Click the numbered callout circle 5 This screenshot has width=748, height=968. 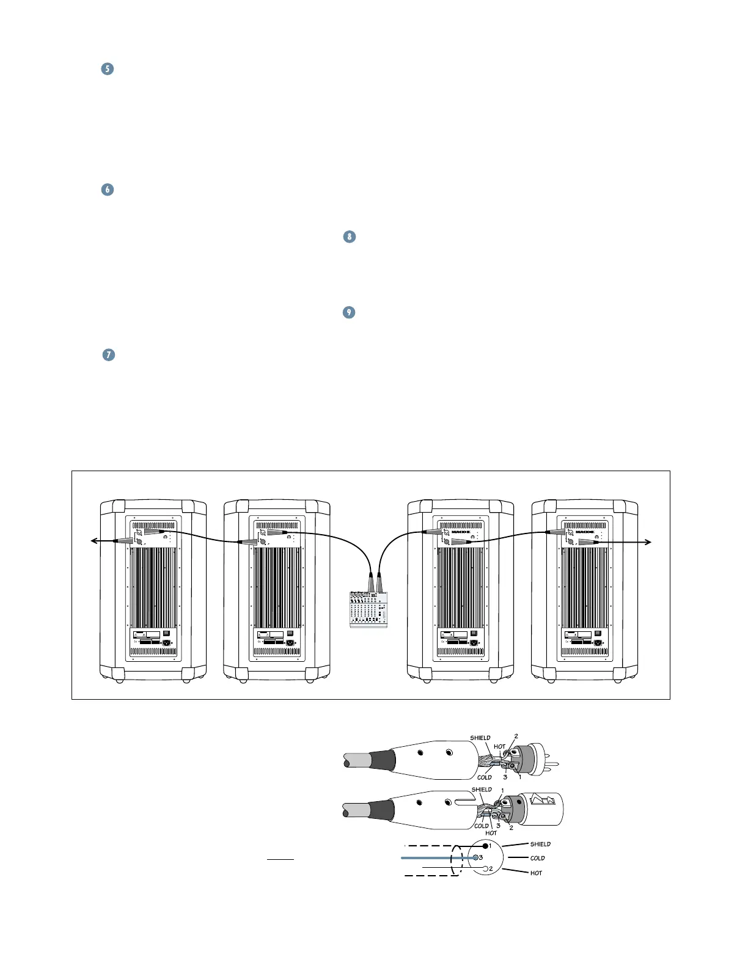tap(107, 68)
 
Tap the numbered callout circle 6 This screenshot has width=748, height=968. tap(107, 189)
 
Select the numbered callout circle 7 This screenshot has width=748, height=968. tap(108, 354)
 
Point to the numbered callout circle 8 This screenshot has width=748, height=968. tap(349, 237)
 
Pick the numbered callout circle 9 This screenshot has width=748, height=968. tap(348, 312)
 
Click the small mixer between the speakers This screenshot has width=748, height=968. tap(369, 609)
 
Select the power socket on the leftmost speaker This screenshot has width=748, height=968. tap(166, 642)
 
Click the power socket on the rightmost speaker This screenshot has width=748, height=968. tap(597, 642)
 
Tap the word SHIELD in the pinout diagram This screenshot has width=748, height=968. tap(540, 844)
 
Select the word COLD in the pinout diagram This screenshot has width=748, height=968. tap(537, 858)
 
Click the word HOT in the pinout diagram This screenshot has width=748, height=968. tap(536, 873)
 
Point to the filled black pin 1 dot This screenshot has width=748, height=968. tap(485, 846)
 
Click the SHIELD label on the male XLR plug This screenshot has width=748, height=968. tap(480, 738)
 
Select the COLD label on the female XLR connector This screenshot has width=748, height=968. tap(482, 826)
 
